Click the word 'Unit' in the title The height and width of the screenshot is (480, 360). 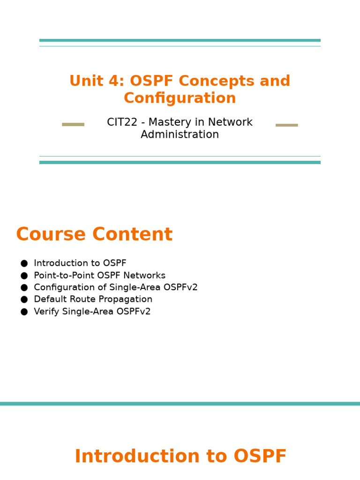[86, 81]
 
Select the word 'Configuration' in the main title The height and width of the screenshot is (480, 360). [180, 98]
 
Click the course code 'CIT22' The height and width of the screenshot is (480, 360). [122, 122]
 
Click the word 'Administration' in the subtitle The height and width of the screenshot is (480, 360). [180, 135]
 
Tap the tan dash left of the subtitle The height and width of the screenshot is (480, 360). [73, 125]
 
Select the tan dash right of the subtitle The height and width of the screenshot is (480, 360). [287, 125]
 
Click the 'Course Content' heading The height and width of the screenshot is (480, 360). [94, 235]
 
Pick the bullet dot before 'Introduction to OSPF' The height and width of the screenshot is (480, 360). [24, 263]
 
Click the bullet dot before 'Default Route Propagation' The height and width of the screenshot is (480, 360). [24, 300]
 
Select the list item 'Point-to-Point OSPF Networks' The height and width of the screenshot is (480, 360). [99, 276]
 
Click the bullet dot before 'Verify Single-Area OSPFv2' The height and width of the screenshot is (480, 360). [24, 312]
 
